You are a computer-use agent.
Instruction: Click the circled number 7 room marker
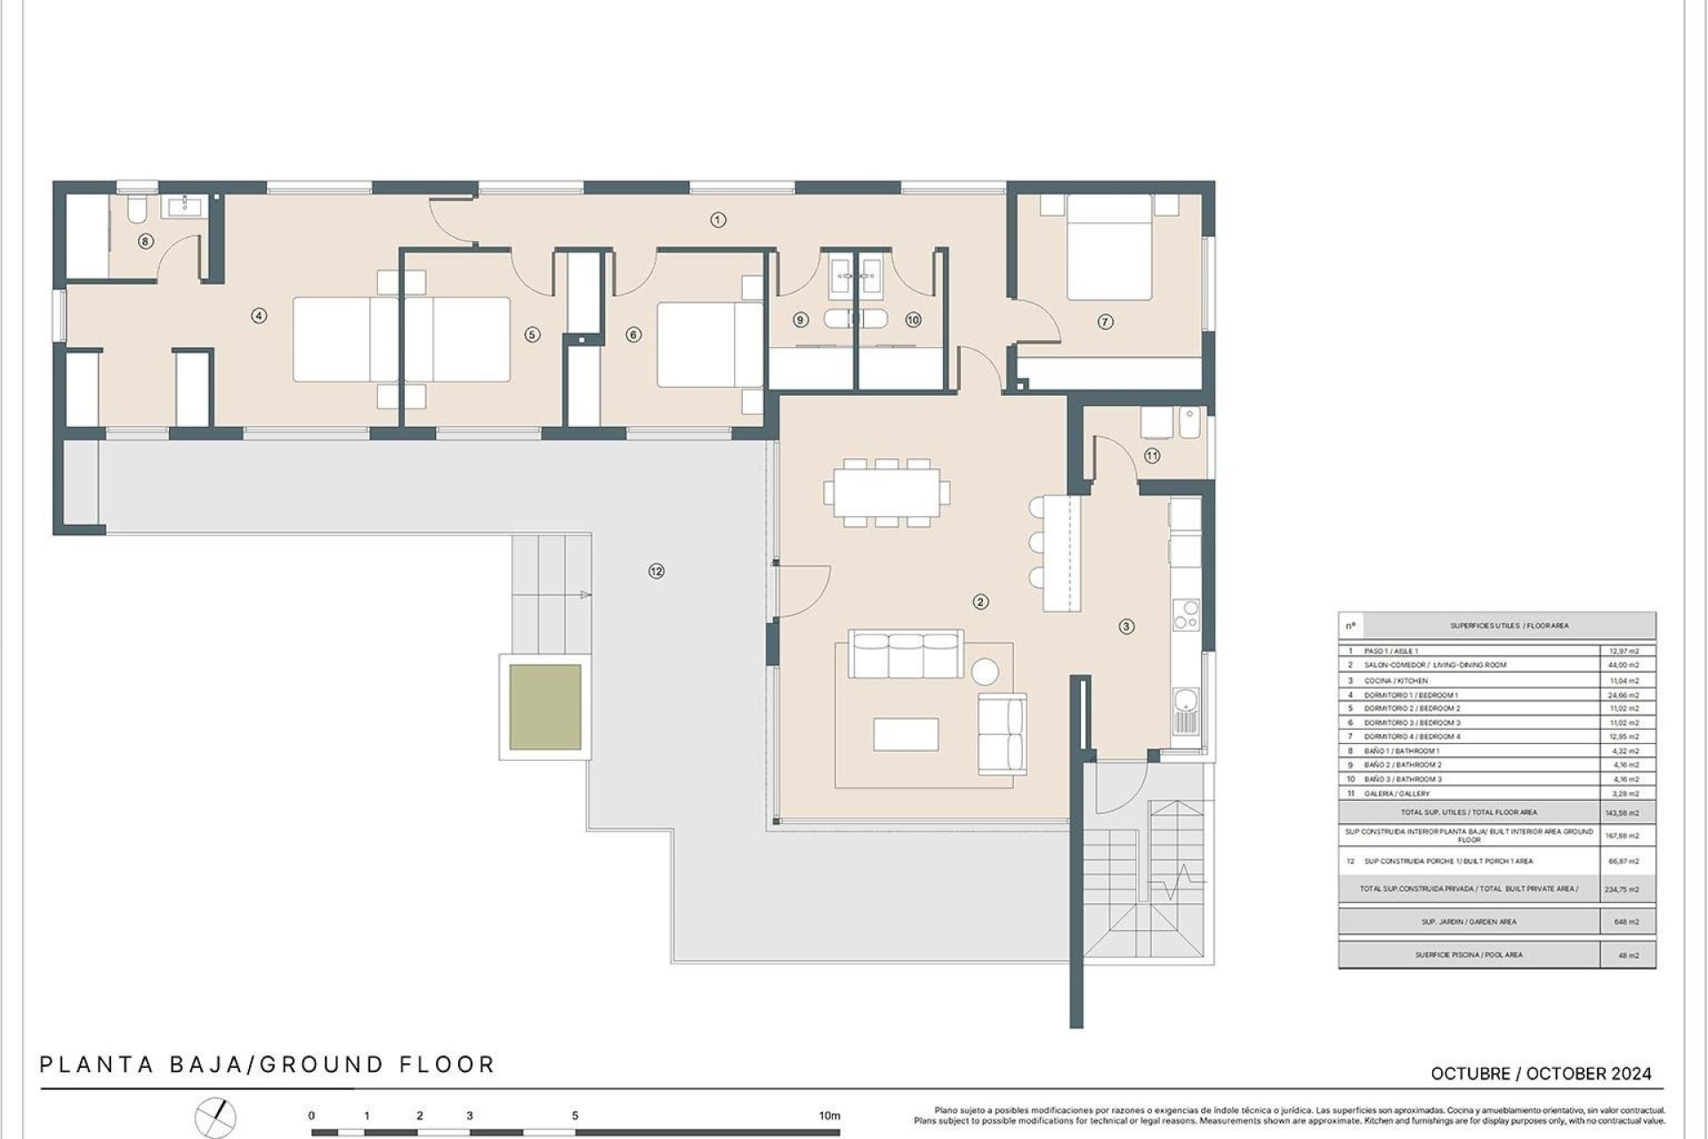pyautogui.click(x=1105, y=322)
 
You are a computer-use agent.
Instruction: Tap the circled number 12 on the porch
pyautogui.click(x=657, y=571)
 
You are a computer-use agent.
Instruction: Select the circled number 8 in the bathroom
pyautogui.click(x=146, y=241)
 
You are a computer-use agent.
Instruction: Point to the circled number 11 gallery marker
pyautogui.click(x=1152, y=456)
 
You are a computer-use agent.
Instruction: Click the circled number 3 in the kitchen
pyautogui.click(x=1126, y=626)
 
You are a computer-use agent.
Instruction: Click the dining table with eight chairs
pyautogui.click(x=886, y=493)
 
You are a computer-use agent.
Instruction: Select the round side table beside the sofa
pyautogui.click(x=985, y=671)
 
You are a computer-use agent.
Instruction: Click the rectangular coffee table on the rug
pyautogui.click(x=906, y=734)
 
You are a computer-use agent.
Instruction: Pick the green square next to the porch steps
pyautogui.click(x=545, y=707)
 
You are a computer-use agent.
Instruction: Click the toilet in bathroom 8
pyautogui.click(x=136, y=210)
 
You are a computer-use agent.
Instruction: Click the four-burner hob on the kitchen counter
pyautogui.click(x=1186, y=615)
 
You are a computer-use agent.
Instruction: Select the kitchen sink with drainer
pyautogui.click(x=1186, y=711)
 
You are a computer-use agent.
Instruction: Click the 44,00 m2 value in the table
pyautogui.click(x=1624, y=666)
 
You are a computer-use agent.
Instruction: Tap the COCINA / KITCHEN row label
pyautogui.click(x=1396, y=681)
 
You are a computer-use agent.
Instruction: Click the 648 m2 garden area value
pyautogui.click(x=1626, y=922)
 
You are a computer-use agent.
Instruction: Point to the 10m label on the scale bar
pyautogui.click(x=829, y=1116)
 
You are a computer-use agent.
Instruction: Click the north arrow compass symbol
pyautogui.click(x=216, y=1118)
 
